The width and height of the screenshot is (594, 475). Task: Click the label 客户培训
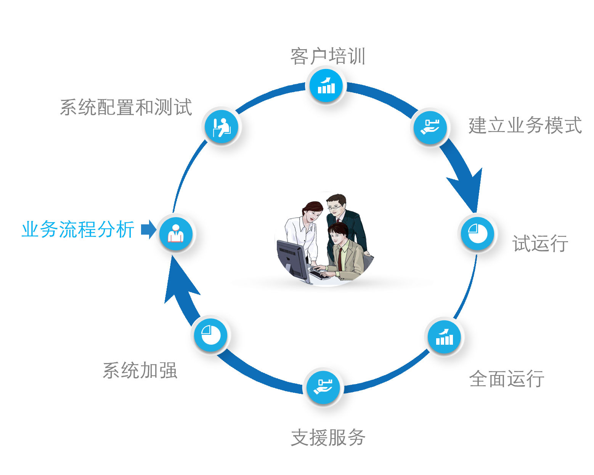click(x=328, y=56)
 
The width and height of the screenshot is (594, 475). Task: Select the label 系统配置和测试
click(x=126, y=107)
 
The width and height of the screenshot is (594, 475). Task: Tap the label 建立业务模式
click(x=525, y=125)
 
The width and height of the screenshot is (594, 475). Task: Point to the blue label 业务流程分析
click(x=78, y=229)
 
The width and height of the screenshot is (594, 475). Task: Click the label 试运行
click(x=541, y=243)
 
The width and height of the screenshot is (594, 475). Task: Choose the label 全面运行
click(x=507, y=379)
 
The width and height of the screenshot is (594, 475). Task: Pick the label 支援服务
click(x=328, y=438)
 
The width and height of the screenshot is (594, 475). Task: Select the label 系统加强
click(x=140, y=370)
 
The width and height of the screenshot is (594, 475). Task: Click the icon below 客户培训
click(x=326, y=86)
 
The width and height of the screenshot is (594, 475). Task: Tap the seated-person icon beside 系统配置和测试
click(x=222, y=127)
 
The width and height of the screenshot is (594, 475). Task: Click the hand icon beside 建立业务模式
click(x=430, y=128)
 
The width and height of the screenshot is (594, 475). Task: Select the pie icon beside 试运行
click(x=477, y=234)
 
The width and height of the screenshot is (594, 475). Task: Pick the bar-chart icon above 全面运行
click(x=444, y=337)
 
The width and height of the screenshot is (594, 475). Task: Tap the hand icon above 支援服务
click(x=323, y=387)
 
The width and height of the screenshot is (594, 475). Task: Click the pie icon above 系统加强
click(x=210, y=335)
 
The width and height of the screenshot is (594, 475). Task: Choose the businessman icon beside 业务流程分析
click(x=176, y=234)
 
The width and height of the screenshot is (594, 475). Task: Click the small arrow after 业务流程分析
click(x=149, y=229)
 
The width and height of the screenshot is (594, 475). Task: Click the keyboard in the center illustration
click(x=319, y=274)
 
